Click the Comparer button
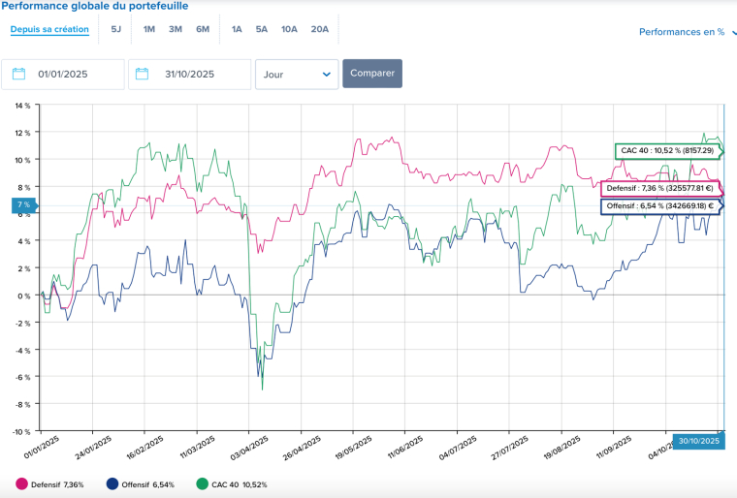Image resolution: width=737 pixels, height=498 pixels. tap(371, 74)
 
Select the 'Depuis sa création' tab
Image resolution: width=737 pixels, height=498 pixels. tap(49, 29)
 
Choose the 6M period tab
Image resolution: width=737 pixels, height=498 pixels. tap(203, 29)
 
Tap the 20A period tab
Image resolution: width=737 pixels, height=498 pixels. tap(320, 29)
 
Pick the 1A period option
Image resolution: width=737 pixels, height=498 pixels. tap(237, 29)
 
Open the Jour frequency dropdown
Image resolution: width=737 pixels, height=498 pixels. tap(297, 74)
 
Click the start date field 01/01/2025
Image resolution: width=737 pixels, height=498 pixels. tap(63, 74)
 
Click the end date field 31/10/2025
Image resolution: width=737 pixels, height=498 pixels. tap(190, 74)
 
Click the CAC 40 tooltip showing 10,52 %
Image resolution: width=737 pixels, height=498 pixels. tap(667, 151)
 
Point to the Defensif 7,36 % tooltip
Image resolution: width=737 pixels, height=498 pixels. tap(659, 188)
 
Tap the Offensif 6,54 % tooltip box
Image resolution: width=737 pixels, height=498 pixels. tap(659, 205)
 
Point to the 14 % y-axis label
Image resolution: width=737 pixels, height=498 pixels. tap(21, 105)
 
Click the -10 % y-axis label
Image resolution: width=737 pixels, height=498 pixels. tap(20, 431)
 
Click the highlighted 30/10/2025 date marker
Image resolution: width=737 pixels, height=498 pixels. tap(697, 441)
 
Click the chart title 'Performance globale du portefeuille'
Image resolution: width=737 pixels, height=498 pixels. tap(94, 6)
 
